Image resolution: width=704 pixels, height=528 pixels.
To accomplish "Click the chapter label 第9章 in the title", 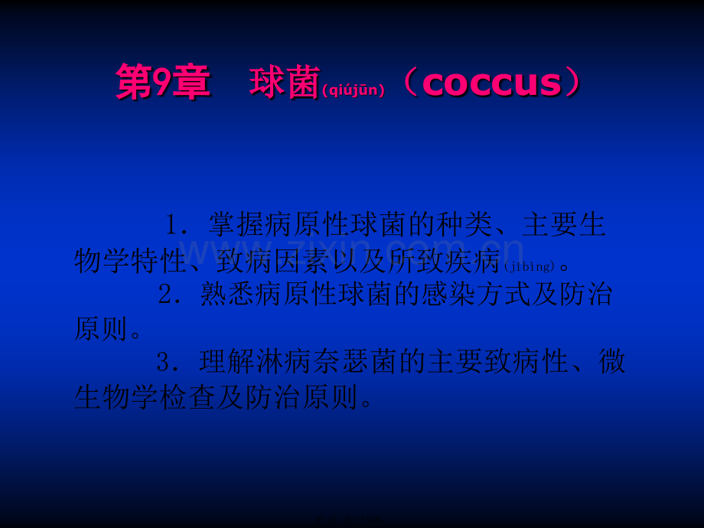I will (x=162, y=83).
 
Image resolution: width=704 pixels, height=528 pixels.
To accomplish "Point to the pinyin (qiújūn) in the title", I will (x=353, y=91).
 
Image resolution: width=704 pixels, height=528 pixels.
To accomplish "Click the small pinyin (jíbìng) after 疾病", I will (x=530, y=266).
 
